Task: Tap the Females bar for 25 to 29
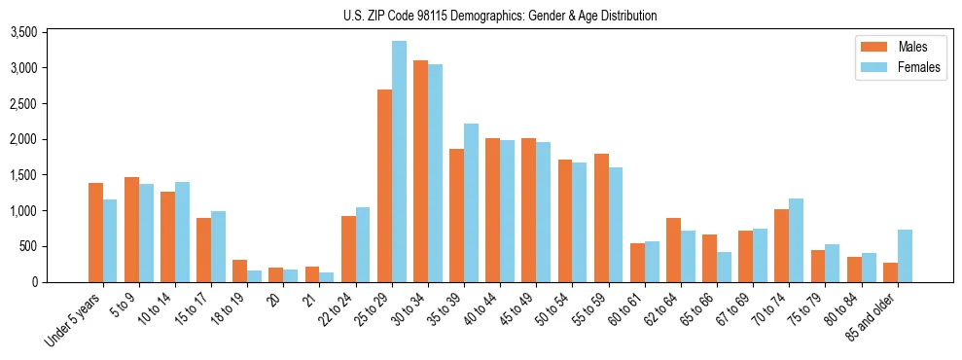pos(399,162)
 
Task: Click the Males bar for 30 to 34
pos(420,171)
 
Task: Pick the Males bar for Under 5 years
pos(95,233)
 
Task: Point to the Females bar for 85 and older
pos(905,256)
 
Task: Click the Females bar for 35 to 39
pos(471,202)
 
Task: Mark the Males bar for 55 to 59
pos(601,218)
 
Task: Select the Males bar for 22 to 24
pos(348,249)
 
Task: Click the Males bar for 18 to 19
pos(239,271)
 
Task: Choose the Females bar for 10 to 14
pos(182,232)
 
